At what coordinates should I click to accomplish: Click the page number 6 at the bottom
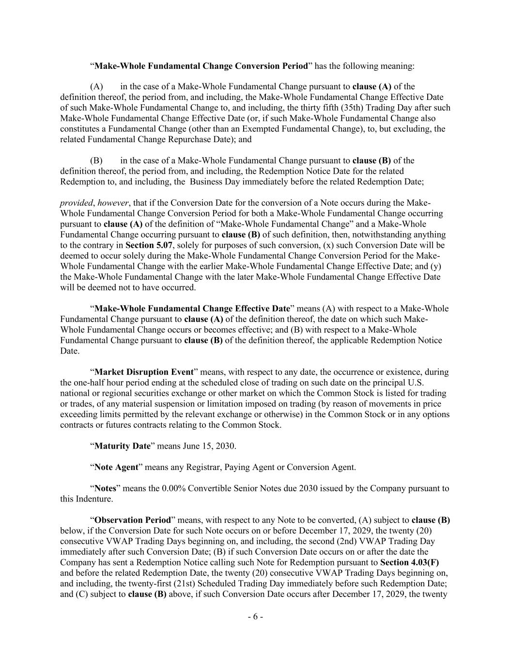[255, 617]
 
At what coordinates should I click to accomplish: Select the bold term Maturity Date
[123, 446]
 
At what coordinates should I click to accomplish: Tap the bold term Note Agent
[116, 467]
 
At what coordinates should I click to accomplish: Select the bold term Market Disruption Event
[144, 372]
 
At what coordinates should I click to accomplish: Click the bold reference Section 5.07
[147, 245]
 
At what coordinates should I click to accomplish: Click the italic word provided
[76, 203]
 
